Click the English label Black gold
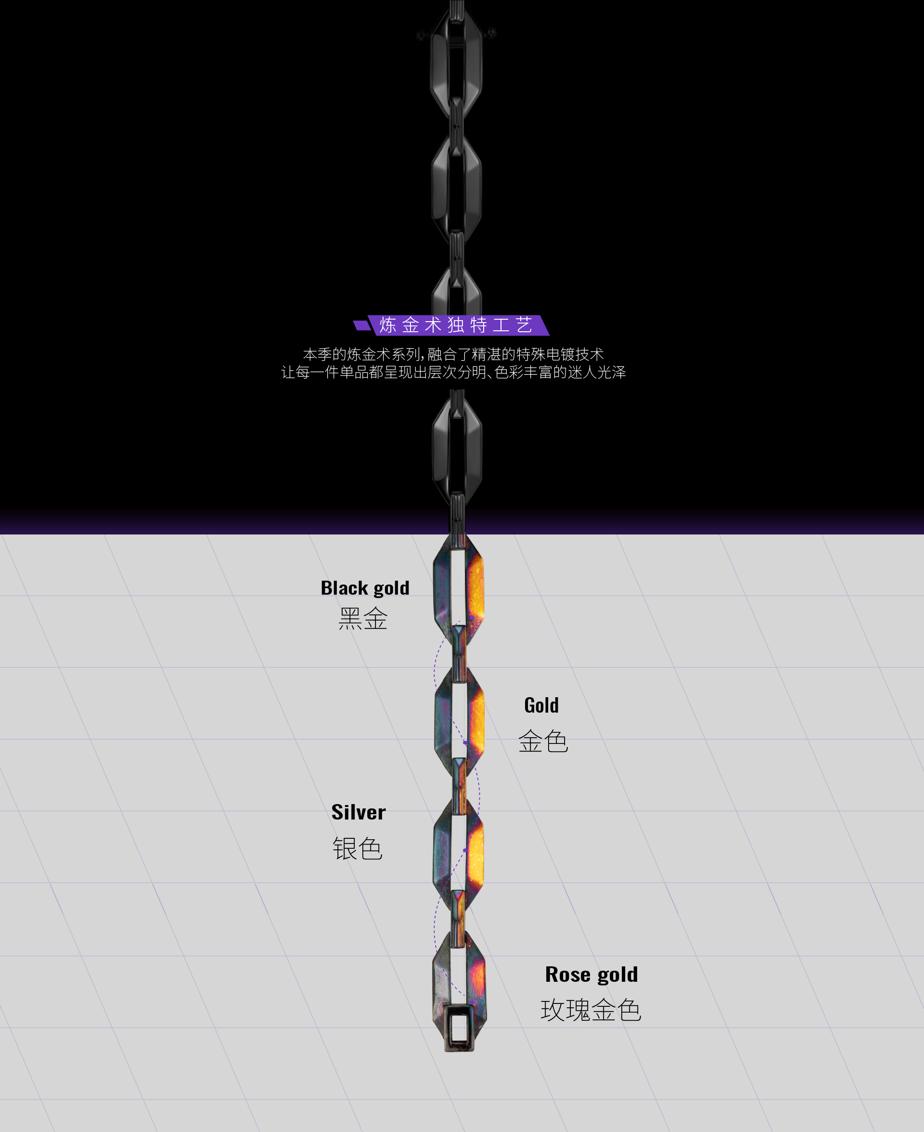pos(365,588)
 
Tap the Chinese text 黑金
pos(363,619)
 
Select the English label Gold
pos(541,705)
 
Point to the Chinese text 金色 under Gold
pos(543,741)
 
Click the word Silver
pos(358,812)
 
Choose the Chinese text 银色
pos(358,849)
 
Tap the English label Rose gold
pos(591,975)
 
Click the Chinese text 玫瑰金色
pos(591,1010)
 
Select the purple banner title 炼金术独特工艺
pos(456,325)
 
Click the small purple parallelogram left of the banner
pos(362,325)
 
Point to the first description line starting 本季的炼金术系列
pos(453,354)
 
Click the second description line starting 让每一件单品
pos(453,372)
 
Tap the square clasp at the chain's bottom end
pos(458,1027)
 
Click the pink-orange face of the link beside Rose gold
pos(477,979)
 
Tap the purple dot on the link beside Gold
pos(465,743)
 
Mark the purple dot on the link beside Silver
pos(465,850)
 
